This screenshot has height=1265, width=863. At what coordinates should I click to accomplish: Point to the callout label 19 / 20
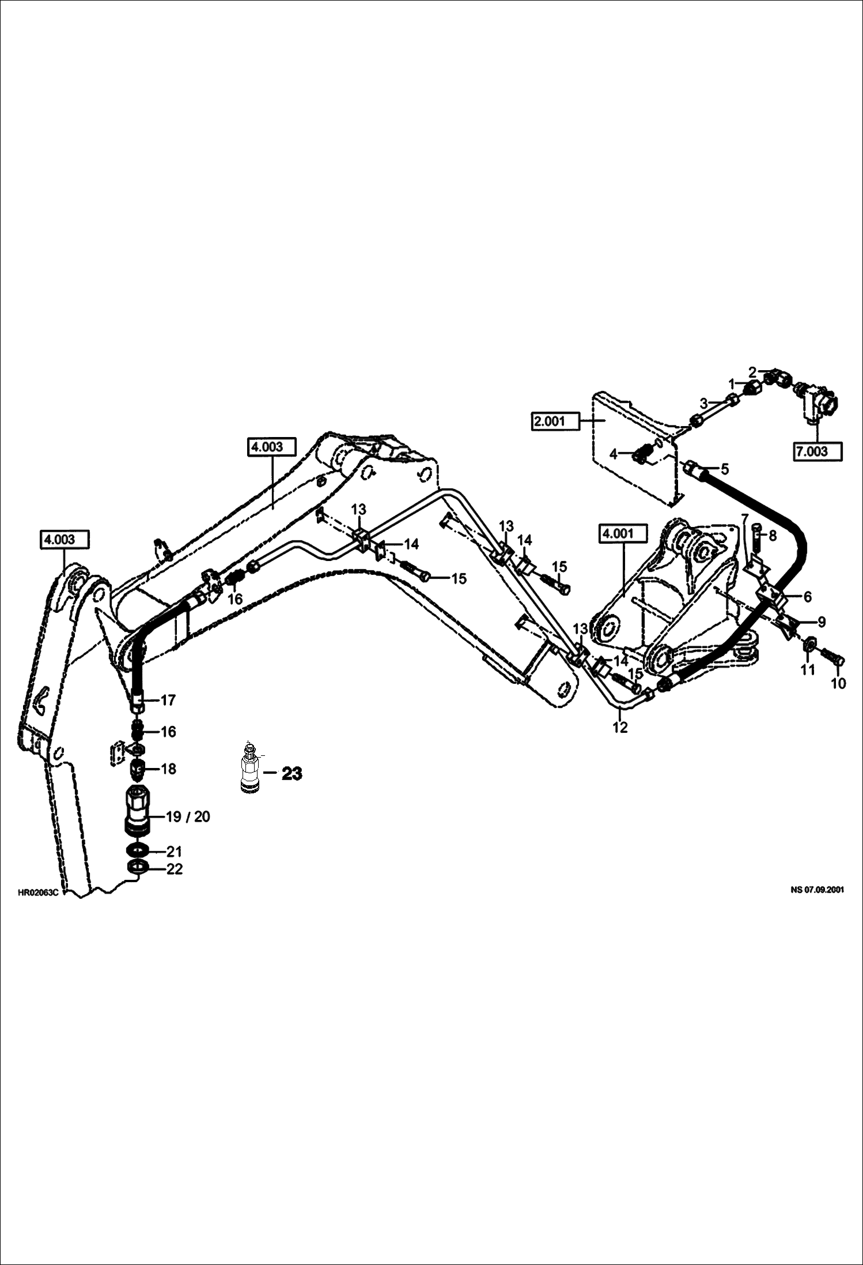[x=187, y=816]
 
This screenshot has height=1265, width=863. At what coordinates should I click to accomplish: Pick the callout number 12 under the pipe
[x=619, y=728]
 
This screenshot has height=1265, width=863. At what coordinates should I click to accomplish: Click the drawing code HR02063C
[x=38, y=893]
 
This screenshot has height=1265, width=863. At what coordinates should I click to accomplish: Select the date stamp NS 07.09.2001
[x=817, y=890]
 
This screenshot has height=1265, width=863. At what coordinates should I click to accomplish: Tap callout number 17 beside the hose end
[x=168, y=700]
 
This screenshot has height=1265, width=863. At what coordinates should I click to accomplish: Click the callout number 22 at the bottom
[x=174, y=869]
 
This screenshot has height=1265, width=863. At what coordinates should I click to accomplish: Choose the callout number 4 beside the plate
[x=613, y=454]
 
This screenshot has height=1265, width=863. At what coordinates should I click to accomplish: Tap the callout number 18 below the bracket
[x=168, y=769]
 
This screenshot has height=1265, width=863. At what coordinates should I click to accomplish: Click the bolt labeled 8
[x=756, y=537]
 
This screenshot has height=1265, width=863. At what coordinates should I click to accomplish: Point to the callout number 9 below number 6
[x=821, y=622]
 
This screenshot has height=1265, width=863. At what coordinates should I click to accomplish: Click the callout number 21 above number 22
[x=174, y=851]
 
